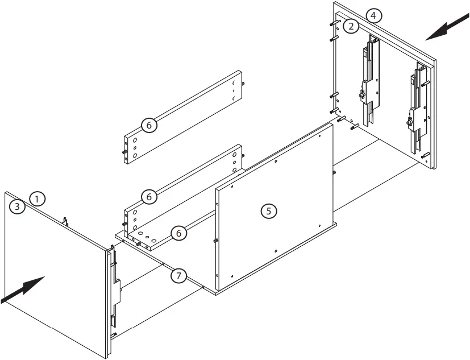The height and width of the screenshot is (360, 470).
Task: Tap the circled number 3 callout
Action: point(18,206)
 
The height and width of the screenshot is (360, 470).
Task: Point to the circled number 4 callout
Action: point(372,15)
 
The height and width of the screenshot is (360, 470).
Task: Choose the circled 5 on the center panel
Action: point(268,210)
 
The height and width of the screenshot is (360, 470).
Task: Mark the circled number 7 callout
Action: point(178,276)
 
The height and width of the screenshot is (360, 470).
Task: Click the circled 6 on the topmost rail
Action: point(148,125)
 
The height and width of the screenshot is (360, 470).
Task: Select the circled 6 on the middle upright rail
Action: point(148,197)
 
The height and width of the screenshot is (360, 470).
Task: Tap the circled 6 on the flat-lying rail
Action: point(178,233)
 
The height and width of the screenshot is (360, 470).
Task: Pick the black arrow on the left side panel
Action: point(24,288)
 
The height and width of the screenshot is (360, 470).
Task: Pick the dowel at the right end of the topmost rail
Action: point(243,83)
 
